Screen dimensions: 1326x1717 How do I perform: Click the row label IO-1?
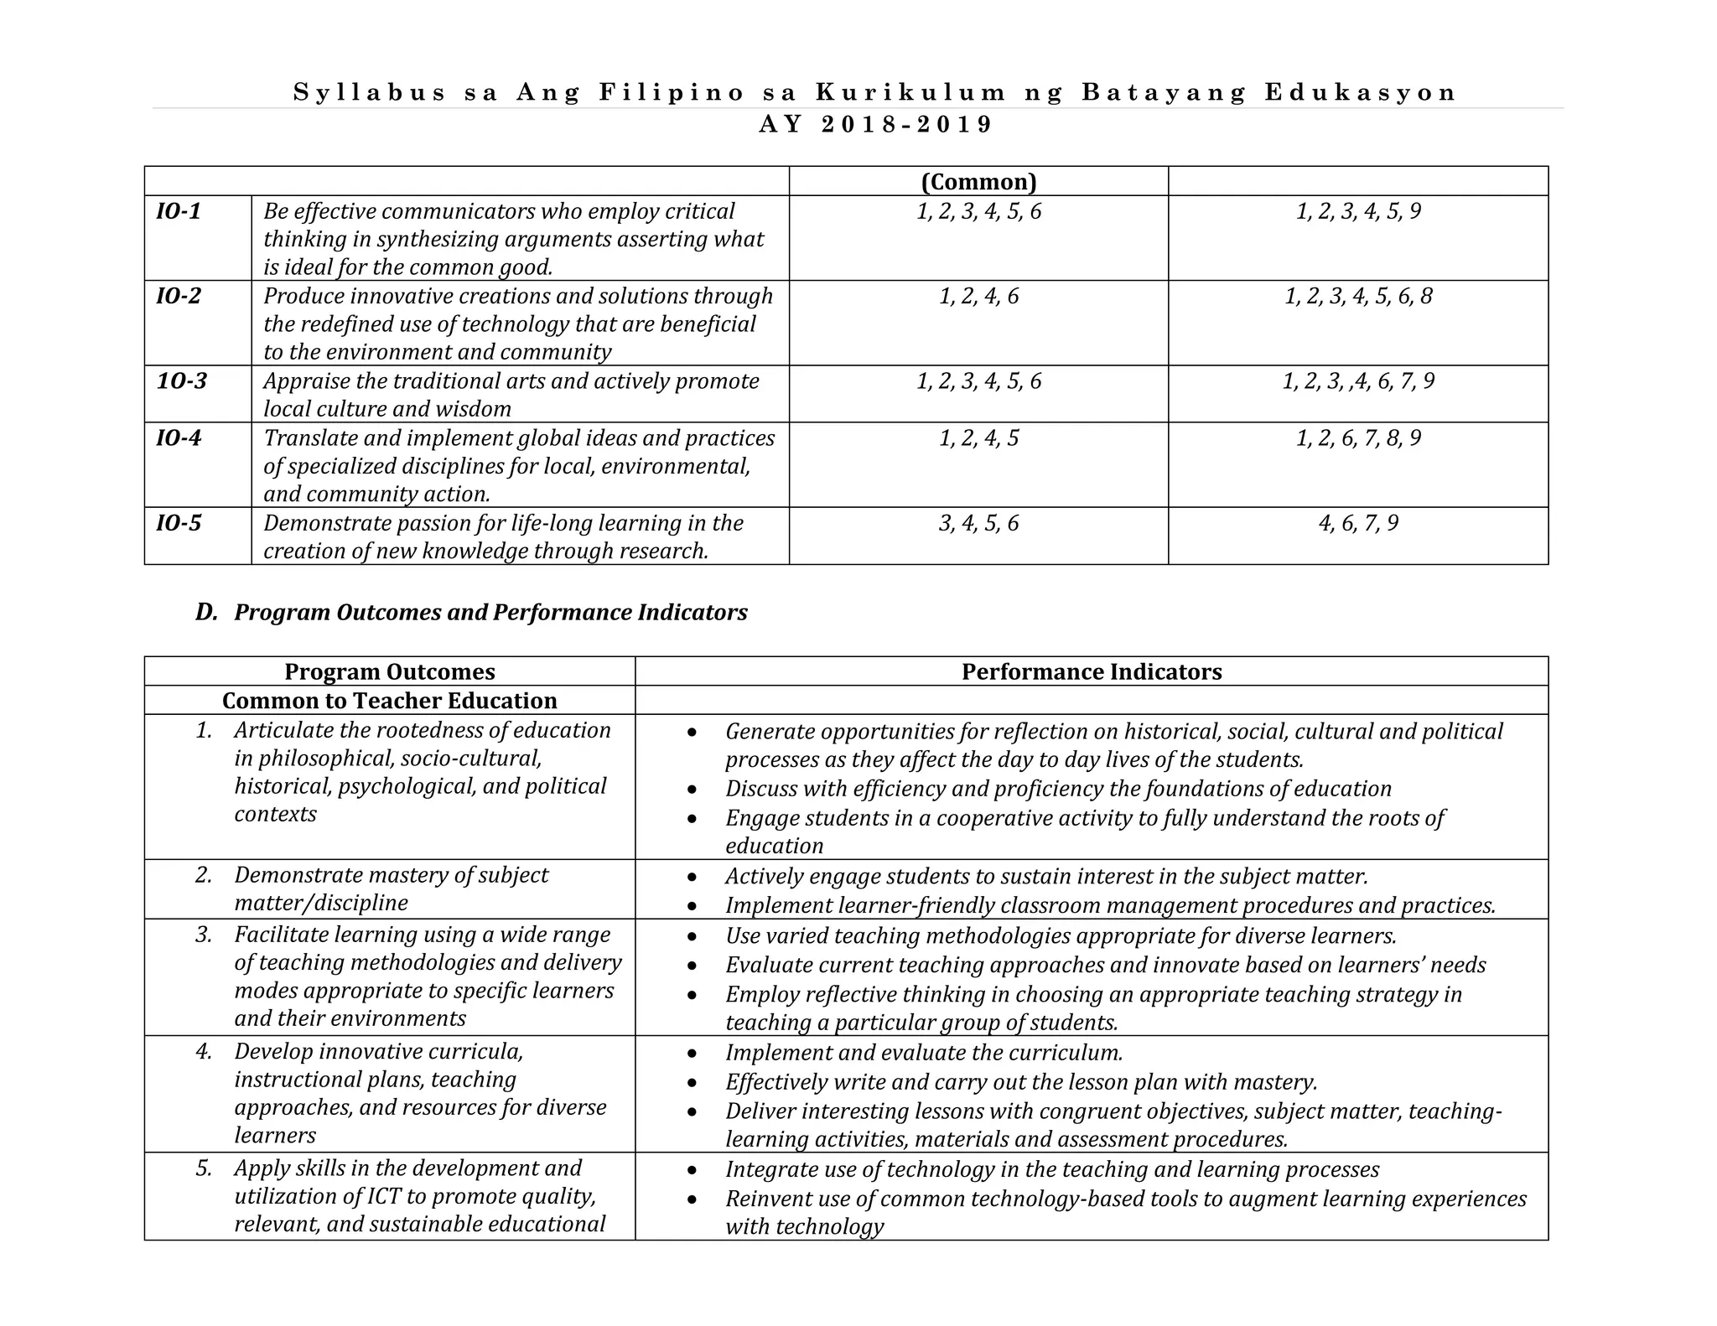(179, 211)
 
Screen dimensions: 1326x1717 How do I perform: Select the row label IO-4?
(179, 438)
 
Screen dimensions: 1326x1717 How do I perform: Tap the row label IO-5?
(179, 523)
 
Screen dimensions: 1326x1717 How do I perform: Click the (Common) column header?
(978, 182)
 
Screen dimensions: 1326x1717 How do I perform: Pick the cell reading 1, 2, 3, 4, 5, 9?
(1358, 211)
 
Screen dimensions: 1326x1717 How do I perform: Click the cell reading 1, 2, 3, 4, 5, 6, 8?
(1358, 296)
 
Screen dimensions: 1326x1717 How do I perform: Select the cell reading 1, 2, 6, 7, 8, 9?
(1358, 438)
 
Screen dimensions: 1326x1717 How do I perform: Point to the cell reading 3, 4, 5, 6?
(978, 523)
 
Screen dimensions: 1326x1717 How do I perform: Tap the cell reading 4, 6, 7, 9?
(1358, 523)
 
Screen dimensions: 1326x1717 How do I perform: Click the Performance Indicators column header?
(1091, 671)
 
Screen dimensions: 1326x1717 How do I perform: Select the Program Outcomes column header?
(390, 671)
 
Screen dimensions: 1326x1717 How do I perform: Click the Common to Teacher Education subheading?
(390, 701)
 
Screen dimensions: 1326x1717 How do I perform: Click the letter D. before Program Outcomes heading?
(206, 612)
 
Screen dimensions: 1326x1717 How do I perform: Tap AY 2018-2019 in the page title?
(875, 124)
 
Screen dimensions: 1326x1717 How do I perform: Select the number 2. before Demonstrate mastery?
(204, 875)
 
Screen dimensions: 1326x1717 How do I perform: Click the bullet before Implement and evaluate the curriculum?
(692, 1054)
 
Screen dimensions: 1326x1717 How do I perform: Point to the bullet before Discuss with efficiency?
(692, 790)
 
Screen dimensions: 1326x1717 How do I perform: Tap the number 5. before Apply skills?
(204, 1168)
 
